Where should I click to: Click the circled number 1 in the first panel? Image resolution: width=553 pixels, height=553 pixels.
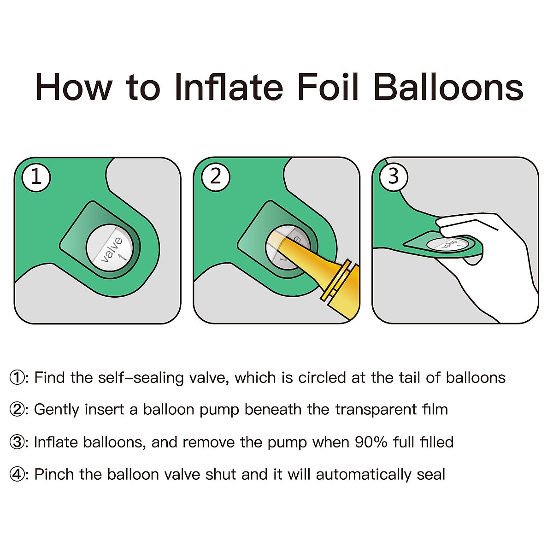tap(36, 177)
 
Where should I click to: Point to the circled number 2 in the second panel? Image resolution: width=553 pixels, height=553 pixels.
tap(216, 177)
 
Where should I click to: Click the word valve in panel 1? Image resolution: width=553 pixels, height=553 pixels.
tap(112, 249)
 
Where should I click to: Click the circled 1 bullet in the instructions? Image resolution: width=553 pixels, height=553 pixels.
tap(18, 378)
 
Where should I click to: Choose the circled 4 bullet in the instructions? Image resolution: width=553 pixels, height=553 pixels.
tap(18, 475)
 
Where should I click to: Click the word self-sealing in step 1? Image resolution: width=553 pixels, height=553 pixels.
tap(141, 378)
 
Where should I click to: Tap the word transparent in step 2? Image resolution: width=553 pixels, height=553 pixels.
tap(376, 410)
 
